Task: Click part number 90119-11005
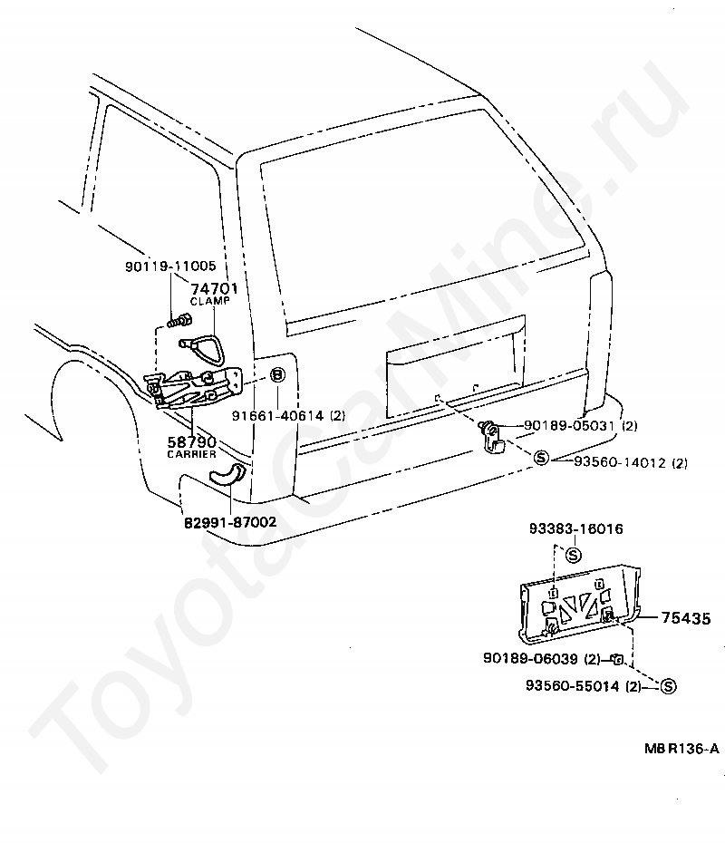click(x=170, y=267)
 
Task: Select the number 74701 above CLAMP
click(x=213, y=288)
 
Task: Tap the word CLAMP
click(x=210, y=301)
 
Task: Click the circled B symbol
click(x=278, y=375)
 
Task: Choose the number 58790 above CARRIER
click(x=190, y=441)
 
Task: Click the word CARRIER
click(x=190, y=453)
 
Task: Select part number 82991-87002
click(x=230, y=523)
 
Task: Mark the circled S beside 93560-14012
click(x=541, y=459)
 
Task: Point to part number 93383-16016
click(x=575, y=528)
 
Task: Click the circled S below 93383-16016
click(x=573, y=552)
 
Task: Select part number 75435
click(x=686, y=617)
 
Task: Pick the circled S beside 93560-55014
click(x=668, y=686)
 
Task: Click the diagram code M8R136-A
click(x=681, y=749)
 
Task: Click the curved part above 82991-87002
click(x=226, y=473)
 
